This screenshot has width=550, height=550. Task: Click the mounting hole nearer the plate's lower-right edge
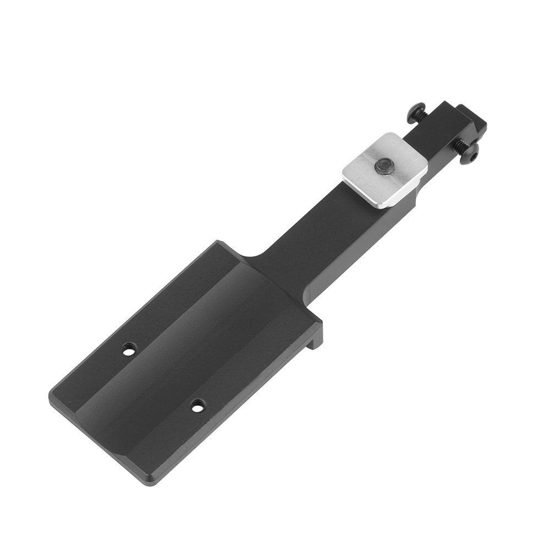(197, 406)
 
